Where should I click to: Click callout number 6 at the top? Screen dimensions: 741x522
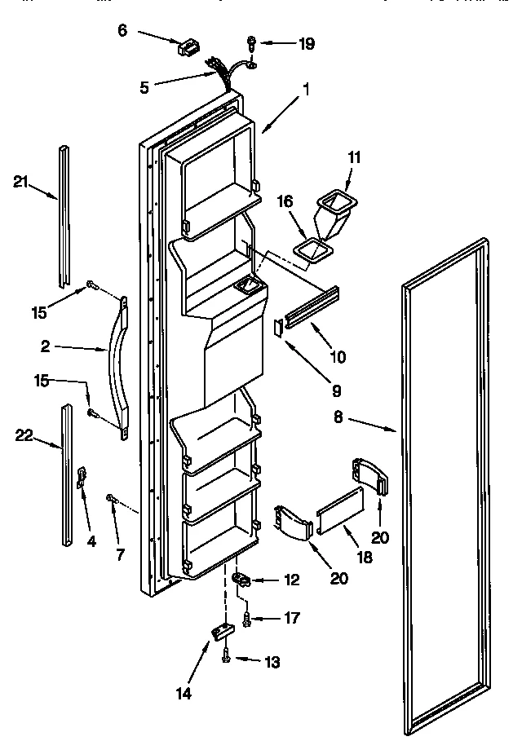[122, 30]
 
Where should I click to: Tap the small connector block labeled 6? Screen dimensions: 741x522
[188, 48]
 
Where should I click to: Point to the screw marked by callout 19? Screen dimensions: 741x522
[252, 41]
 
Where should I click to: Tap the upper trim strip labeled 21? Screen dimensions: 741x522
[64, 216]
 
